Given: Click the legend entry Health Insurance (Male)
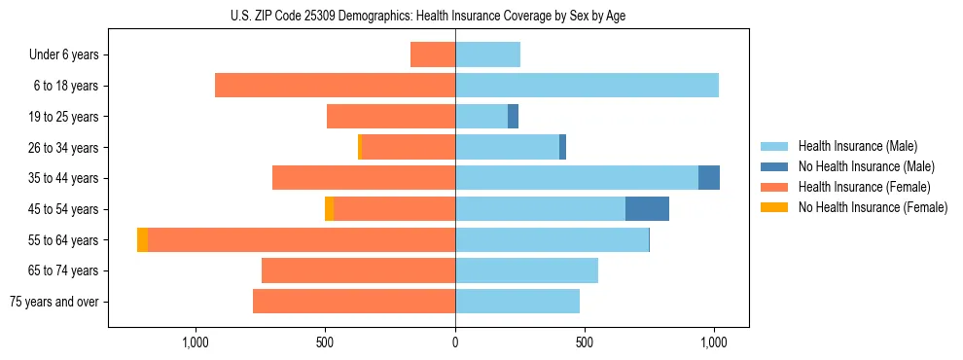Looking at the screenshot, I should click(857, 146).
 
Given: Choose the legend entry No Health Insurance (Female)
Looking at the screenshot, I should click(873, 207).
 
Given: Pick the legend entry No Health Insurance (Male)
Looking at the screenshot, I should click(866, 166).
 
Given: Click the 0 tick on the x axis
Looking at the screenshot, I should click(455, 342).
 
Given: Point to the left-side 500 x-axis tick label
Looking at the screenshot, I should click(325, 342).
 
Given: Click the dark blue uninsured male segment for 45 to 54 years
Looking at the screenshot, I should click(647, 209).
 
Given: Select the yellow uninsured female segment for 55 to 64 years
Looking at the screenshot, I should click(142, 240).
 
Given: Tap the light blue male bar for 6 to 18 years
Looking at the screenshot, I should click(587, 86).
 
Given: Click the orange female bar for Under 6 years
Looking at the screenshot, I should click(433, 54).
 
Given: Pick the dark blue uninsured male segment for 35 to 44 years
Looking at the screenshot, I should click(709, 178).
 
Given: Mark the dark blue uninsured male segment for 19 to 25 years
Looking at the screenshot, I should click(513, 117).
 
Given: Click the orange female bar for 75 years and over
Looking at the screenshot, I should click(354, 302).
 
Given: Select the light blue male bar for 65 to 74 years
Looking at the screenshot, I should click(526, 270).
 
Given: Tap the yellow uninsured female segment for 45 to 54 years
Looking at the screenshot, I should click(329, 209).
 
